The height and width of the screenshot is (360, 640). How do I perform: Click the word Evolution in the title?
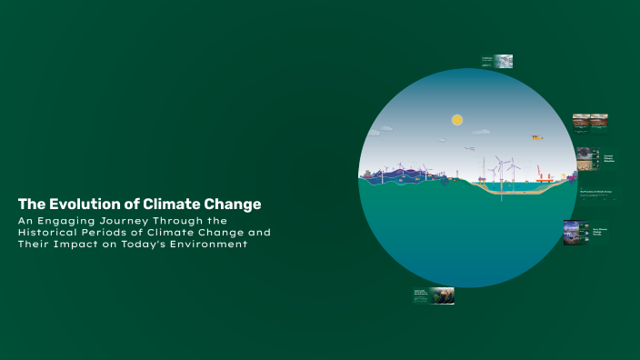pos(84,204)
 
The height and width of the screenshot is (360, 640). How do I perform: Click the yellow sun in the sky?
pos(457,120)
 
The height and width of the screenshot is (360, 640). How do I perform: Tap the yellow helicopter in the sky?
pos(536,137)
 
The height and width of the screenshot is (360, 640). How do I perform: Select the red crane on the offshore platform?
pos(539,170)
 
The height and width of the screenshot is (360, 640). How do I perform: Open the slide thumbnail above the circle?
pos(496,62)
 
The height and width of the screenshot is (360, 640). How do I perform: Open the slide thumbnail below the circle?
pos(434,295)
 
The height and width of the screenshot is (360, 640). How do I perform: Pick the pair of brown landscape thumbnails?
pos(590,119)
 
